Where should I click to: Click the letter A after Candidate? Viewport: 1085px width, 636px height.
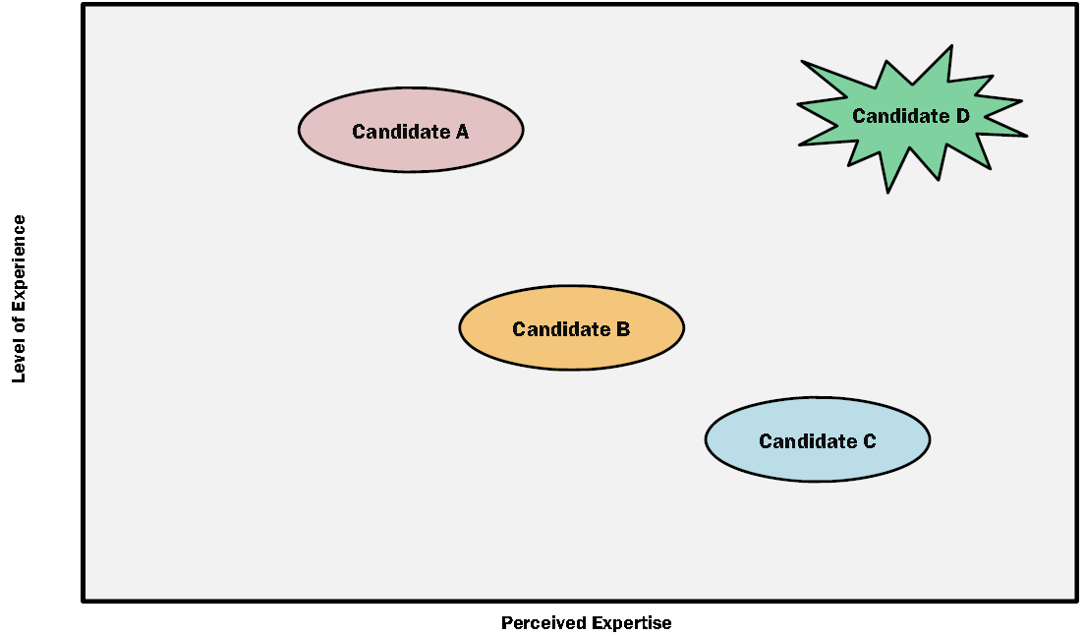click(462, 132)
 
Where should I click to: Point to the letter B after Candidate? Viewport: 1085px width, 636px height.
click(623, 329)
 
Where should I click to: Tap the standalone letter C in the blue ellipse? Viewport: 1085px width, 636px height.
click(869, 441)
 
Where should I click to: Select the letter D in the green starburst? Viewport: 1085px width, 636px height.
click(962, 116)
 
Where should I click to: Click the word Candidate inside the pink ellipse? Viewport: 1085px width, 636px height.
click(401, 132)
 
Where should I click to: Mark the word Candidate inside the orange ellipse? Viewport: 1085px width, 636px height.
click(561, 329)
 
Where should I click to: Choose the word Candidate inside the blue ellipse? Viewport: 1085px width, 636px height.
click(808, 441)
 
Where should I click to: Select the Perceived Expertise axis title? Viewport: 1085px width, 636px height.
click(587, 623)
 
